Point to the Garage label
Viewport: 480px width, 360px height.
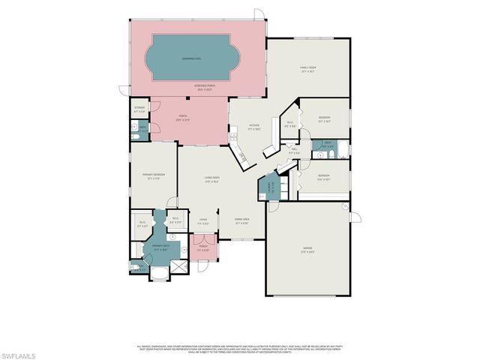[x=307, y=248]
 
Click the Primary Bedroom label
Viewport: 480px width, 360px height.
[x=154, y=175]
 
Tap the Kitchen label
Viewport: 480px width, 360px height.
[x=254, y=127]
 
